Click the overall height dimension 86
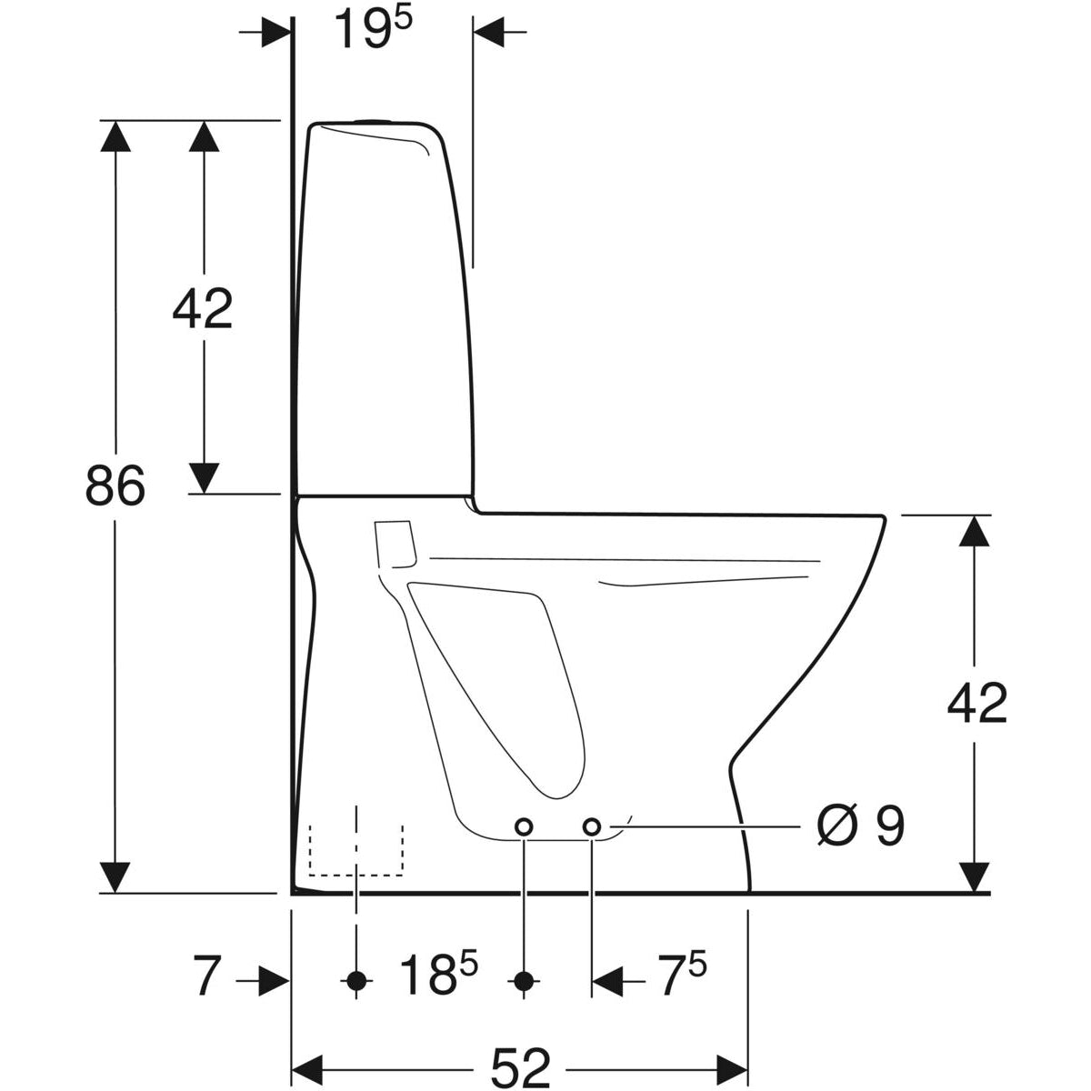(115, 485)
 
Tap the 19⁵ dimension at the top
(373, 28)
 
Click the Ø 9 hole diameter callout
(861, 827)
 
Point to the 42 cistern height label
(203, 309)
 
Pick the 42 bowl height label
(977, 704)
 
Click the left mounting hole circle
(524, 827)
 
